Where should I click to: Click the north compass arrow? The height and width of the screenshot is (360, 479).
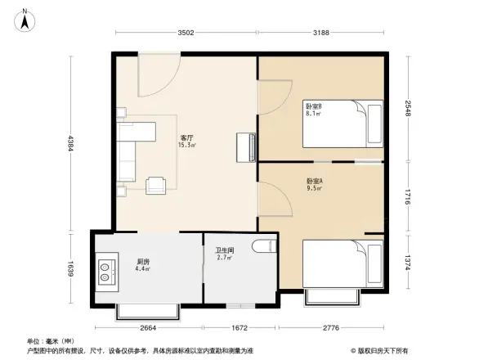25,19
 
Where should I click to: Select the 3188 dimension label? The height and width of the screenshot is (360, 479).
320,33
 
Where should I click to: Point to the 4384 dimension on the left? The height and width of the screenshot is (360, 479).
71,143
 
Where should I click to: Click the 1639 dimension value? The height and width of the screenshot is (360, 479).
71,268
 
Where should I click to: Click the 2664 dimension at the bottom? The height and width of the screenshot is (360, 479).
148,329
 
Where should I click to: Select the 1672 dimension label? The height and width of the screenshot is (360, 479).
239,329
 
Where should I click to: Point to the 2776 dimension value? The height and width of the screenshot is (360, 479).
332,329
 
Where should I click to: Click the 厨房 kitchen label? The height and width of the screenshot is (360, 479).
142,263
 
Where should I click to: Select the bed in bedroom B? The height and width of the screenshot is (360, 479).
343,124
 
